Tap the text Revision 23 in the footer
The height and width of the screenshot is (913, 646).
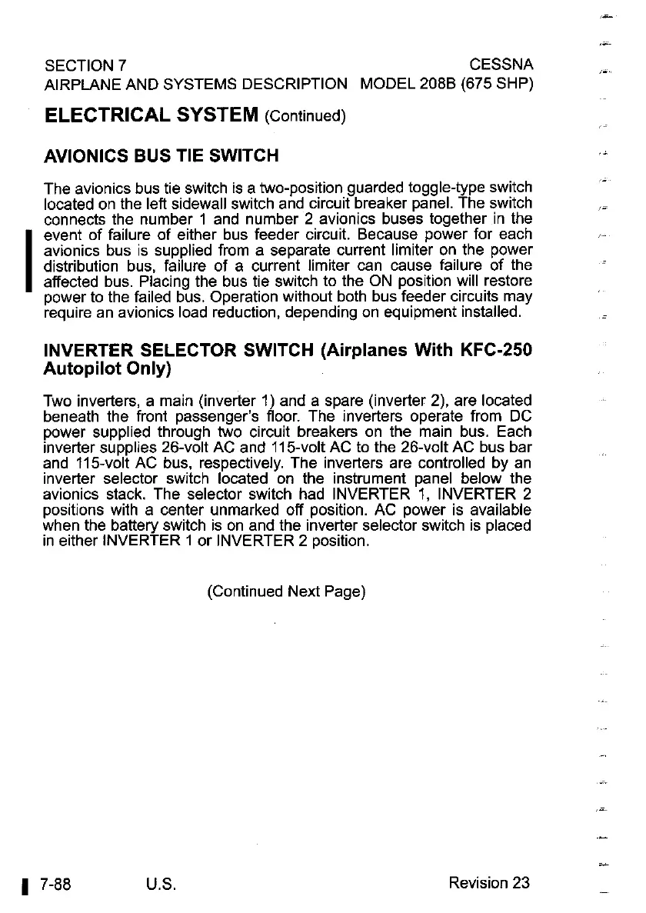(489, 882)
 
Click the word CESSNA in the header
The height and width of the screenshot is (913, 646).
(501, 63)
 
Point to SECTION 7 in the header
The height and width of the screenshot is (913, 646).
(86, 63)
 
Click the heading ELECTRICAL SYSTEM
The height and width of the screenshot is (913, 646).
(152, 116)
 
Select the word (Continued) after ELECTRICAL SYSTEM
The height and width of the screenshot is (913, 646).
(305, 117)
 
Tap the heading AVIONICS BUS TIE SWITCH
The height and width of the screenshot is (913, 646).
(161, 156)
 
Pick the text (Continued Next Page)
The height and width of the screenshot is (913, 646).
(285, 591)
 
